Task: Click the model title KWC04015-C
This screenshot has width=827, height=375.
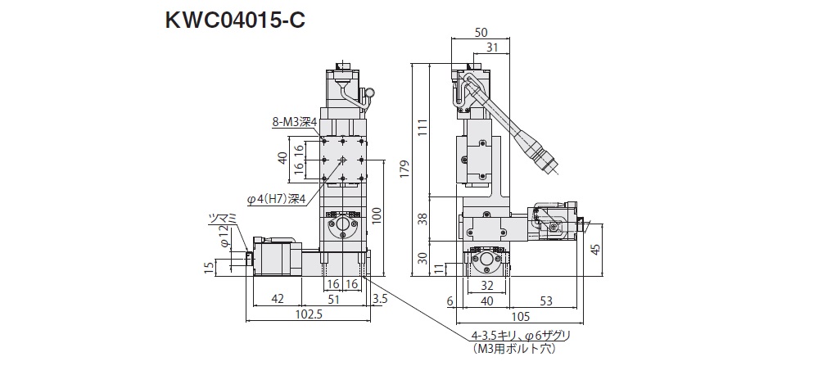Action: tap(235, 19)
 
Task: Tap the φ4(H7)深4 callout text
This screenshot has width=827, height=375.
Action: tap(276, 197)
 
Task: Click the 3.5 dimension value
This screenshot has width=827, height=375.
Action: tap(378, 299)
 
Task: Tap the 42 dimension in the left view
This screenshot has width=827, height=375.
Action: tap(278, 299)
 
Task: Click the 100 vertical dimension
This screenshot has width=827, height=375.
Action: tap(376, 215)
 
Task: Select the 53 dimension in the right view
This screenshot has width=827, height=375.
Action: tap(547, 300)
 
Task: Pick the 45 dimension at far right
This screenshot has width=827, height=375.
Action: tap(597, 250)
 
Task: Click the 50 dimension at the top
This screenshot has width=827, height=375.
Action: tap(482, 32)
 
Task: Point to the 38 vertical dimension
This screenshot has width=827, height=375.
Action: tap(423, 219)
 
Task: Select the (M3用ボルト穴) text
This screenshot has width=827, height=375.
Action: tap(514, 350)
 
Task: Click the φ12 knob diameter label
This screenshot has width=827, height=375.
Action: tap(224, 241)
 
